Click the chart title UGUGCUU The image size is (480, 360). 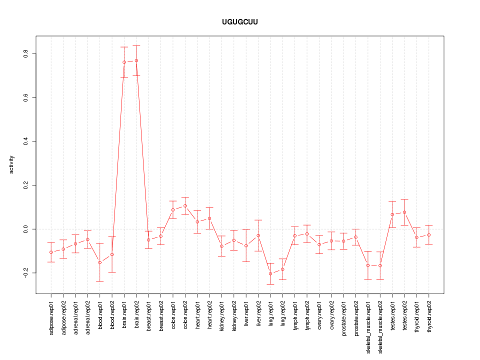point(240,22)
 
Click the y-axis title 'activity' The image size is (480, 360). point(12,164)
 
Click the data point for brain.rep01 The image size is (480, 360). point(124,62)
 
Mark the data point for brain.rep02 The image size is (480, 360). point(136,60)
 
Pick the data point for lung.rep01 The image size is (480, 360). point(270,273)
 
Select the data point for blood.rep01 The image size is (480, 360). point(100,262)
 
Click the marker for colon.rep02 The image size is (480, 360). point(185,205)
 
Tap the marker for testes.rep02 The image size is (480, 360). point(404,212)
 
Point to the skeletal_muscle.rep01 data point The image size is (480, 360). point(368,265)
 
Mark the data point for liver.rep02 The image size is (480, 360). point(258,235)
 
